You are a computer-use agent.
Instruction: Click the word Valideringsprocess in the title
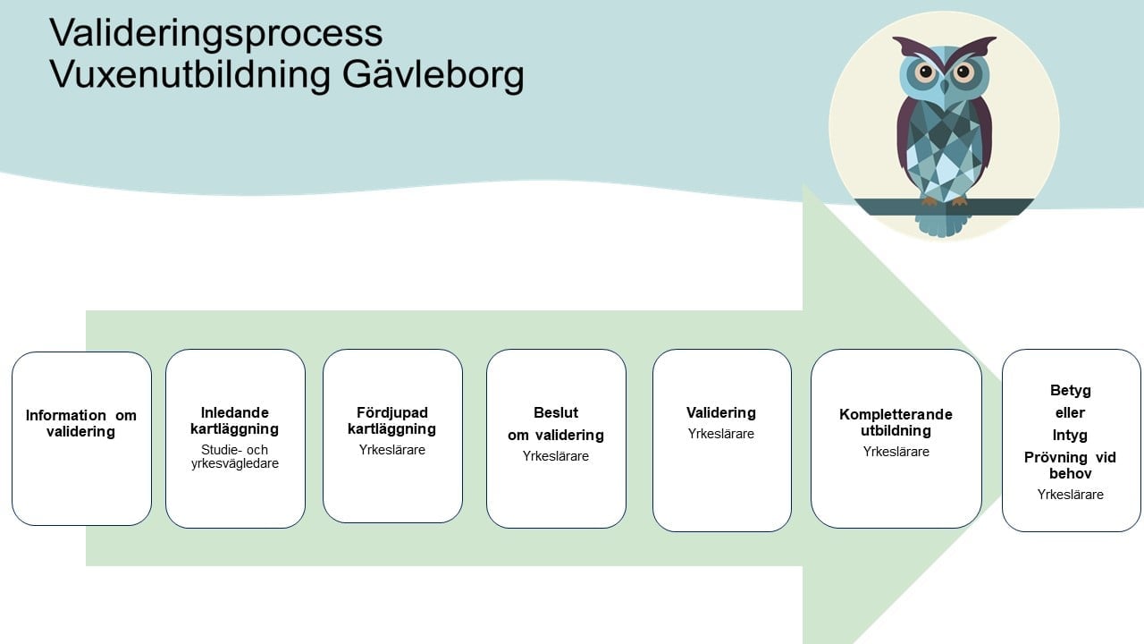coord(216,33)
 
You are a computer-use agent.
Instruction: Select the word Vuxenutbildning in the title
coord(189,75)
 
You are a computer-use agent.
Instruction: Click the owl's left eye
coord(924,72)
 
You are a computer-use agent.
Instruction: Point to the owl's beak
coord(944,87)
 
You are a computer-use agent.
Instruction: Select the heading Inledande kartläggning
coord(235,420)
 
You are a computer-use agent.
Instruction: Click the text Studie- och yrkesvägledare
coord(235,456)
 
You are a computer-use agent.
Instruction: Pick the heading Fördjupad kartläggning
coord(391,420)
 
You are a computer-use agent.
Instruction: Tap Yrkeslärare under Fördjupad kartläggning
coord(391,450)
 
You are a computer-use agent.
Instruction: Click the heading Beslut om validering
coord(556,424)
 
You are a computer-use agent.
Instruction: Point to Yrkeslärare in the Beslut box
coord(556,456)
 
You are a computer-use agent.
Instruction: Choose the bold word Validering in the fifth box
coord(721,412)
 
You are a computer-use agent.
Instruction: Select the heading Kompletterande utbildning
coord(896,422)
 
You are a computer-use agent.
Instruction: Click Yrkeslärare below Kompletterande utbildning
coord(896,452)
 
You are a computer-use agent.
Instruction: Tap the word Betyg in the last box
coord(1071,391)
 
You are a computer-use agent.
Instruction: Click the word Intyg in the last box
coord(1071,436)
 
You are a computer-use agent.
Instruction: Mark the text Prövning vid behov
coord(1071,465)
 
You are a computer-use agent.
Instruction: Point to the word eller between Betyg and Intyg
coord(1071,413)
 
